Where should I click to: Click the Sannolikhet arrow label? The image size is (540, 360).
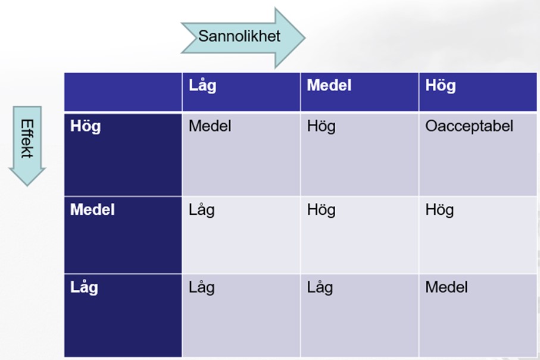(x=239, y=36)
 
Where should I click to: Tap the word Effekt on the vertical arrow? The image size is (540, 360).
(x=27, y=139)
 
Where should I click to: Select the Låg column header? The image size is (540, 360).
(x=202, y=86)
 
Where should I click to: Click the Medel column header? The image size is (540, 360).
(x=329, y=85)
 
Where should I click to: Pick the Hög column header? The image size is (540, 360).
(x=441, y=86)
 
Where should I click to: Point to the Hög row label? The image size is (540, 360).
(x=85, y=126)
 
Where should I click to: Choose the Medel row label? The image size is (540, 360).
(x=92, y=209)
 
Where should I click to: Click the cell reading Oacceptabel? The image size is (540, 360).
(x=469, y=126)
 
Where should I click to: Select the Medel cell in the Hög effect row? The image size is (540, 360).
(x=210, y=126)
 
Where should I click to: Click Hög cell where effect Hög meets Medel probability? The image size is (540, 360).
(x=321, y=126)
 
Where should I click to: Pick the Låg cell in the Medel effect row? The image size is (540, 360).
(x=201, y=210)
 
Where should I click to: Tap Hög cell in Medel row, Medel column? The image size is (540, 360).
(x=321, y=210)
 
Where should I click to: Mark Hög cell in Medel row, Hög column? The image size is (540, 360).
(x=439, y=210)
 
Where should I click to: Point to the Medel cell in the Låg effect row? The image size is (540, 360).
(x=447, y=287)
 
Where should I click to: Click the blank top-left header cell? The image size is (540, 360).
(x=123, y=92)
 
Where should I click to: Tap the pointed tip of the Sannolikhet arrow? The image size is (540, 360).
(x=304, y=37)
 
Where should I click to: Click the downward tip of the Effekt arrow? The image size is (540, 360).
(x=27, y=186)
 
